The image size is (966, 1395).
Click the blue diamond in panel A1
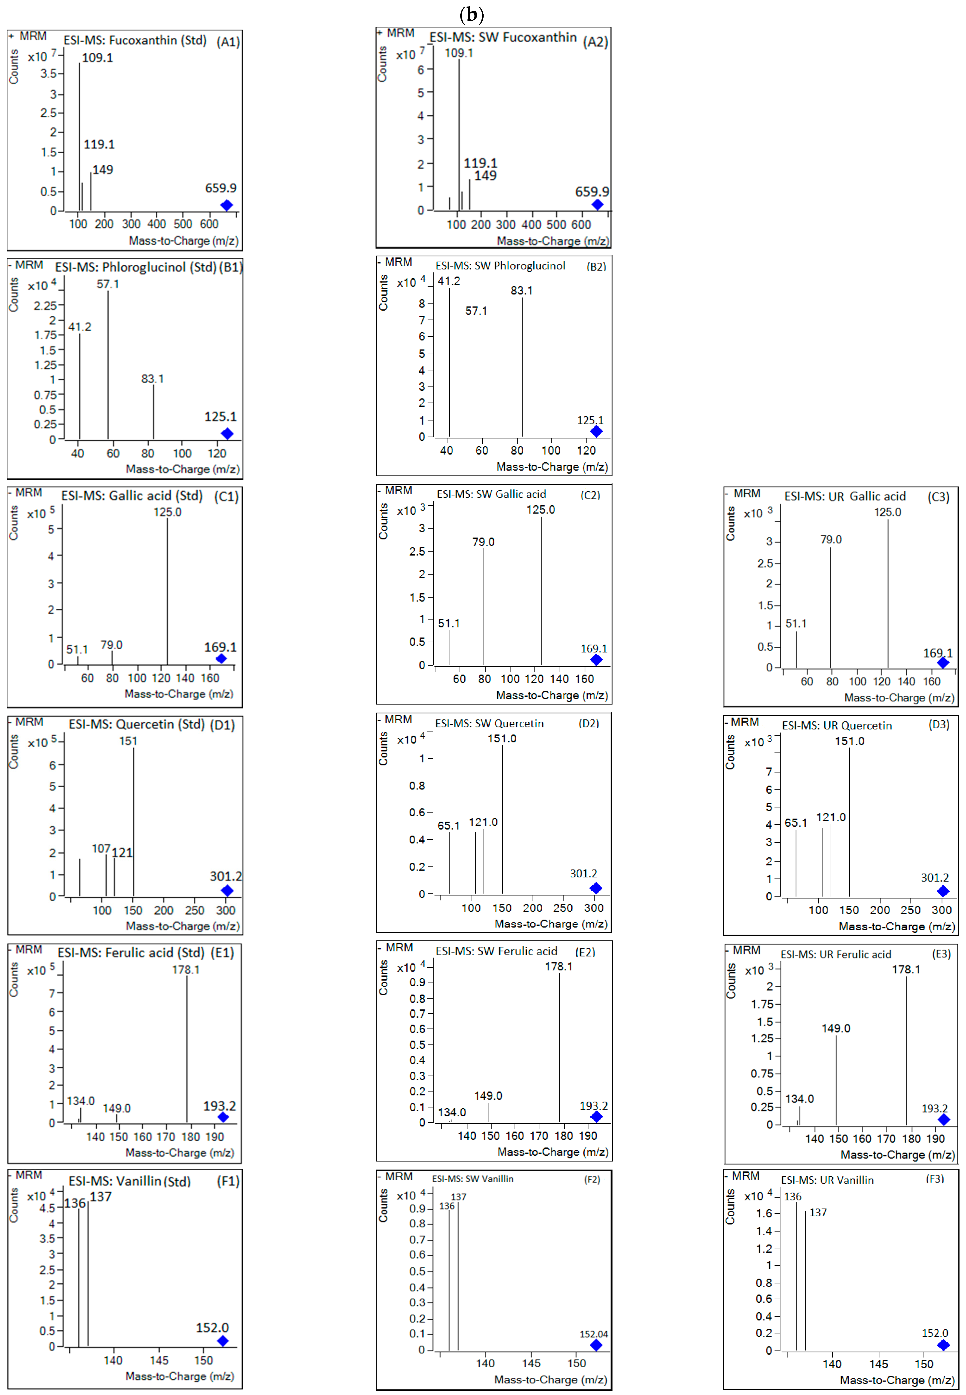pos(226,205)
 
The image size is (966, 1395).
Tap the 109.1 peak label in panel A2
pos(459,53)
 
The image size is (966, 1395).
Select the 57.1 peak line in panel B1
pos(108,363)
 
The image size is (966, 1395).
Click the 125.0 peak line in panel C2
pos(541,590)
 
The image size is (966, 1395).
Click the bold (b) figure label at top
pos(472,13)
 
